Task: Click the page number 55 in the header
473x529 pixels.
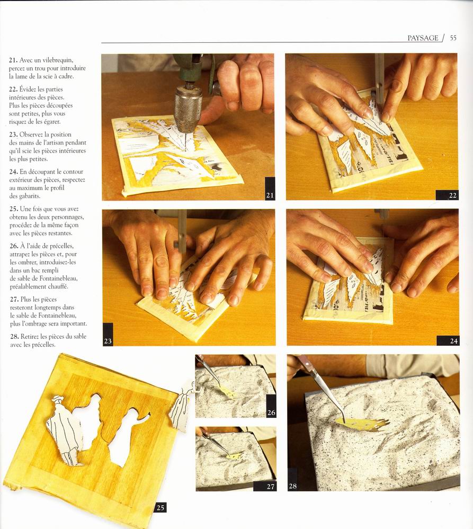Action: point(453,38)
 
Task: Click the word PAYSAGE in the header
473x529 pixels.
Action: point(423,38)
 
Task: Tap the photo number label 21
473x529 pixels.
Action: point(270,195)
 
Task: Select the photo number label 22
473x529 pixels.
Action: point(452,195)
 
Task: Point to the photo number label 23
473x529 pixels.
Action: point(108,341)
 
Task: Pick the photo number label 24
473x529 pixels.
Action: point(453,341)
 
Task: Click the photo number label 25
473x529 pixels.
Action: point(160,507)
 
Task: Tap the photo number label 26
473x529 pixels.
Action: point(271,413)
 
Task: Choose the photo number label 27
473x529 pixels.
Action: point(270,486)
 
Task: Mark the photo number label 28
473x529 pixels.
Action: point(292,486)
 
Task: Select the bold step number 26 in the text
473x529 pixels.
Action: point(14,246)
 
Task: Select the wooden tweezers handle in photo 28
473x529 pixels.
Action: point(305,362)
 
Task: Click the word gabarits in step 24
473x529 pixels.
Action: point(30,196)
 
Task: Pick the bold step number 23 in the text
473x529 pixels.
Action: point(13,135)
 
